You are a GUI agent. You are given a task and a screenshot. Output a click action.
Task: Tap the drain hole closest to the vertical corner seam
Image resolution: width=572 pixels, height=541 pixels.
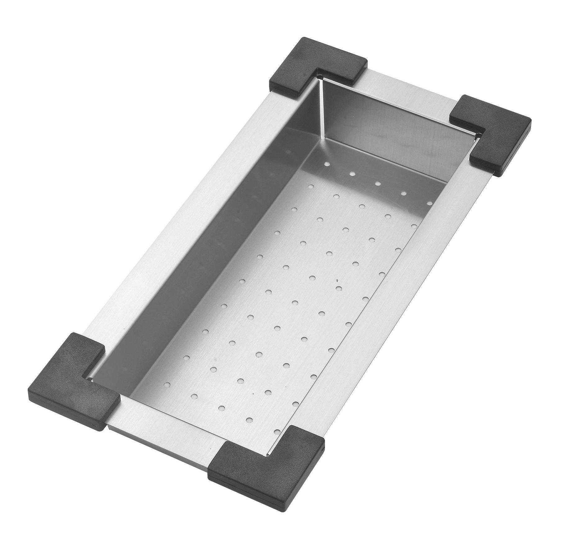(326, 163)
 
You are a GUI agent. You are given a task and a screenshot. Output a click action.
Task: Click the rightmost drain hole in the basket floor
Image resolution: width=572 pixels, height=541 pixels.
(429, 203)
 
